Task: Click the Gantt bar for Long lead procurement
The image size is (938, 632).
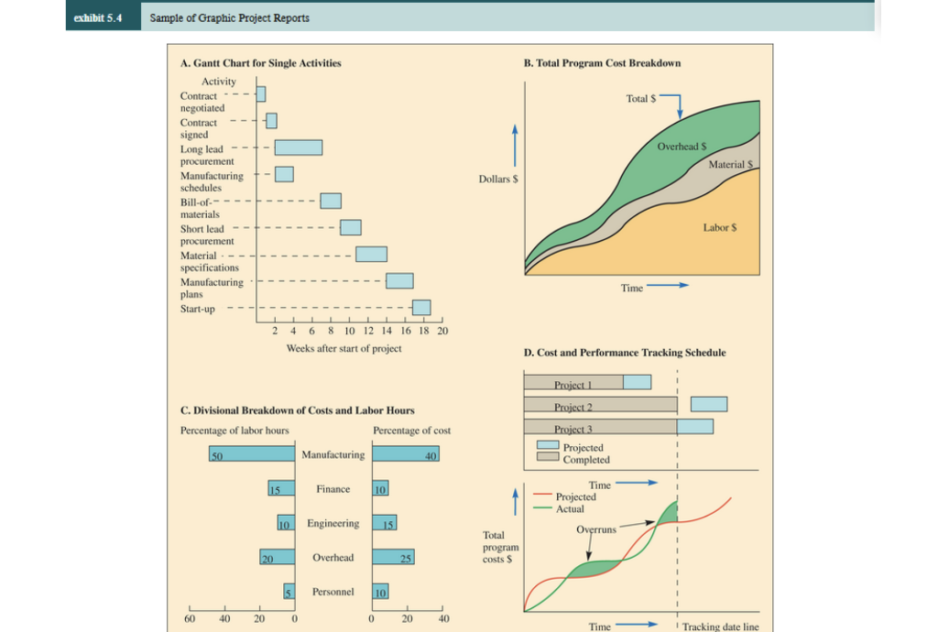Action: click(x=299, y=147)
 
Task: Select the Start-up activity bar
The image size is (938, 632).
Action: click(x=421, y=308)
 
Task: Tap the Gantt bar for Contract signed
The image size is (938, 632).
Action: click(x=271, y=120)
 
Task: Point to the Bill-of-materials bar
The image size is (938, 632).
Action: click(x=331, y=201)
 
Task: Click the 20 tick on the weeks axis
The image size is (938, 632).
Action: click(x=443, y=330)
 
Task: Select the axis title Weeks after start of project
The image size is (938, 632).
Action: click(x=344, y=349)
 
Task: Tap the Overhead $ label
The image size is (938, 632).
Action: click(x=680, y=147)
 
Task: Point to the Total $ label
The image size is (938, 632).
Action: click(x=641, y=98)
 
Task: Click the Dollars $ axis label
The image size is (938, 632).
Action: click(x=499, y=180)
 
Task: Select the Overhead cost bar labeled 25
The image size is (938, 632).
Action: click(x=394, y=557)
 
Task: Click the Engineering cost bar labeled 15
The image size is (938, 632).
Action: click(x=385, y=524)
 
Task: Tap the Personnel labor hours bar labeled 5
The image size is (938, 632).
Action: click(x=289, y=592)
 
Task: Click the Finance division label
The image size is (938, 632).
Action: click(x=333, y=489)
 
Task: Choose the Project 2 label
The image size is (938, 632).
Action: click(x=573, y=406)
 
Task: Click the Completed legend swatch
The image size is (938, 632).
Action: click(x=548, y=460)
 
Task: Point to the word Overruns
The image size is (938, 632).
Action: click(x=596, y=530)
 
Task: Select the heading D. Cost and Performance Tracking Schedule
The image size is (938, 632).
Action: click(x=625, y=353)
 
